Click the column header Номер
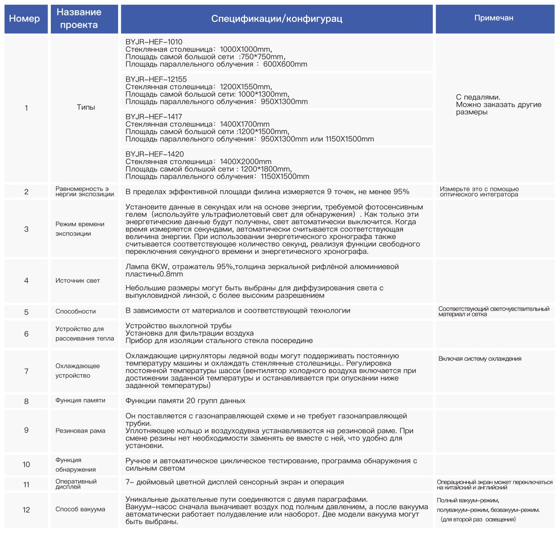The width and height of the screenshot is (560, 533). pyautogui.click(x=25, y=19)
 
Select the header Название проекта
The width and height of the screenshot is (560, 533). pyautogui.click(x=79, y=19)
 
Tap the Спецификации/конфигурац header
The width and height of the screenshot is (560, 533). pyautogui.click(x=277, y=19)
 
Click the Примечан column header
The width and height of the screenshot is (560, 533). pyautogui.click(x=494, y=18)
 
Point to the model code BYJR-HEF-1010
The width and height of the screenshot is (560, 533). pyautogui.click(x=154, y=42)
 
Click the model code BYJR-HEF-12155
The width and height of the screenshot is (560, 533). pyautogui.click(x=156, y=79)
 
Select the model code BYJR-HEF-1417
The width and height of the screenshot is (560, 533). pyautogui.click(x=154, y=117)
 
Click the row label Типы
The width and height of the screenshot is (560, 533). pyautogui.click(x=86, y=107)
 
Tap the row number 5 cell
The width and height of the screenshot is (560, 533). pyautogui.click(x=26, y=312)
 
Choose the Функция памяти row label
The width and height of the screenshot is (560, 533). pyautogui.click(x=80, y=400)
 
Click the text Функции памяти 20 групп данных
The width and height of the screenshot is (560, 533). pyautogui.click(x=185, y=401)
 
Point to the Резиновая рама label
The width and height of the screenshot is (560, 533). pyautogui.click(x=80, y=431)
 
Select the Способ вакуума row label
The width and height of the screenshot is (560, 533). pyautogui.click(x=80, y=509)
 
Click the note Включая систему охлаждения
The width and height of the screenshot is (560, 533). pyautogui.click(x=480, y=359)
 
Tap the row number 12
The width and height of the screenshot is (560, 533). pyautogui.click(x=26, y=510)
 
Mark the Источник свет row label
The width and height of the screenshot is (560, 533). pyautogui.click(x=77, y=281)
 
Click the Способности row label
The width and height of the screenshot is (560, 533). pyautogui.click(x=76, y=311)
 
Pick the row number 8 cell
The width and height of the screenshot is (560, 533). pyautogui.click(x=26, y=401)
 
